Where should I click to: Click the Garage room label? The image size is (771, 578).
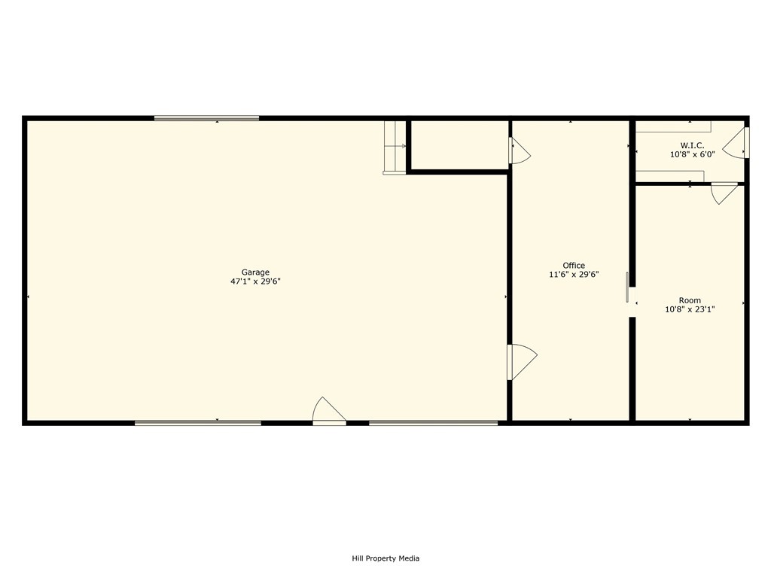(x=255, y=272)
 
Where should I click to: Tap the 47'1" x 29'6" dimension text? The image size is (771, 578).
(x=255, y=281)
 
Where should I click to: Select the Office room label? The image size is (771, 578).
(x=574, y=266)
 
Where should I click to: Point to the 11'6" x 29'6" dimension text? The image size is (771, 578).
(x=574, y=274)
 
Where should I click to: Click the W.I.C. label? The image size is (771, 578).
(x=693, y=145)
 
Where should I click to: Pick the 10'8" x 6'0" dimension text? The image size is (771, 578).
(x=693, y=154)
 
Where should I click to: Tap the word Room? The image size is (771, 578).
(x=690, y=300)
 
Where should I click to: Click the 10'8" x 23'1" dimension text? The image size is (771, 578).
(x=690, y=309)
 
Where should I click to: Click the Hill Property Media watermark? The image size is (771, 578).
(x=385, y=558)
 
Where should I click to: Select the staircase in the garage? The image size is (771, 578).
(x=395, y=148)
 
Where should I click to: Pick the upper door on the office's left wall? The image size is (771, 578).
(x=520, y=151)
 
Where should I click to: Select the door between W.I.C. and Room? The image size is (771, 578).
(x=725, y=193)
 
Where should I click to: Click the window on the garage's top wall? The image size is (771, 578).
(x=206, y=118)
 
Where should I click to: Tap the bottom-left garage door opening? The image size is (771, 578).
(x=198, y=423)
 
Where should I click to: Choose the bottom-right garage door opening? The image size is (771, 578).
(x=433, y=423)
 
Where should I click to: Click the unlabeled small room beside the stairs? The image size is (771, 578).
(x=459, y=144)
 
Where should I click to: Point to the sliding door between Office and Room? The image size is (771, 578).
(x=627, y=287)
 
